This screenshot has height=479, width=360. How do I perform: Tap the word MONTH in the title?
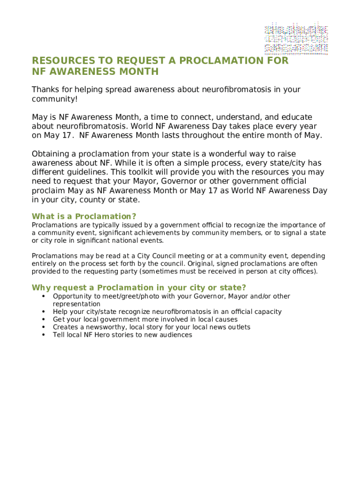click(138, 72)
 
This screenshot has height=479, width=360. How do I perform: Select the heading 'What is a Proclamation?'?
click(84, 217)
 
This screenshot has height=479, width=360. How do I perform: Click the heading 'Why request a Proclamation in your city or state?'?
click(139, 287)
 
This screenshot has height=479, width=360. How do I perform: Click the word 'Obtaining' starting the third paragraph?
click(50, 154)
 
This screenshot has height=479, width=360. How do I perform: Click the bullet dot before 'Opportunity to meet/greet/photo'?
click(43, 296)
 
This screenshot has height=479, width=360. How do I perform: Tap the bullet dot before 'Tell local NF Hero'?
click(43, 335)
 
